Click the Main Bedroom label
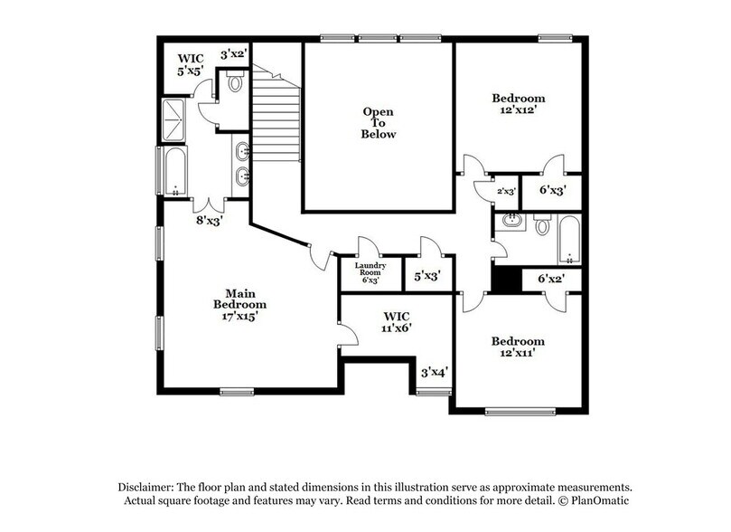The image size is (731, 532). pos(239,305)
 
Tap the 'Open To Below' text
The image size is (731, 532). pos(378,123)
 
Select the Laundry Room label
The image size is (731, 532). pos(370,273)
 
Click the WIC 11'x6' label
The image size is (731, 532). pos(397,322)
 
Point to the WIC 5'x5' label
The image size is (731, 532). pos(191,65)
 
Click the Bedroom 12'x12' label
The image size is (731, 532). pos(519,104)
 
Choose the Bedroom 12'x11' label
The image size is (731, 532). pos(518,347)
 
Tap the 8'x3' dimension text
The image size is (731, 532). pos(208,220)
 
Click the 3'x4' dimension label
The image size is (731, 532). pos(435,372)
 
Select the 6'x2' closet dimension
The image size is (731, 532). pos(551,279)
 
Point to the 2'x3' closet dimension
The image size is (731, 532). pos(506,191)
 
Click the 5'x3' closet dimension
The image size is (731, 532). pos(427,276)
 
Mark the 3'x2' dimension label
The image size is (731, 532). pos(233,54)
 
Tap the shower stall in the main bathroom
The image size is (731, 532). pos(173,119)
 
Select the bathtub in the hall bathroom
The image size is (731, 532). pos(569,240)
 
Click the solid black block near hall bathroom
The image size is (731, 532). pos(507,280)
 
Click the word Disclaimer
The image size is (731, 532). pos(145,487)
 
